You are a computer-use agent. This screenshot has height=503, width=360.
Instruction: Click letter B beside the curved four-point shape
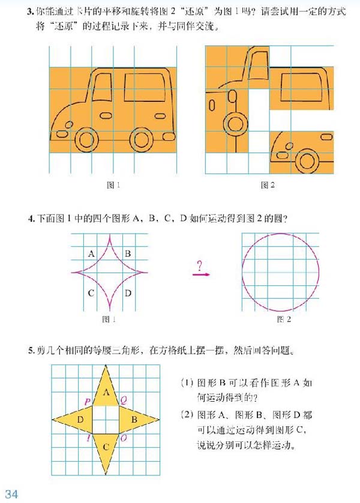coord(127,254)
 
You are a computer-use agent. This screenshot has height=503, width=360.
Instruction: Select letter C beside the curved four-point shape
coord(91,293)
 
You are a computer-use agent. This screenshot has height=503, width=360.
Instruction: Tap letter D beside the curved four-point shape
coord(127,293)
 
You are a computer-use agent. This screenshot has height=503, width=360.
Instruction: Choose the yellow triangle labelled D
coord(77,419)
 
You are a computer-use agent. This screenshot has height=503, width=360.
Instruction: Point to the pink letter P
coord(88,400)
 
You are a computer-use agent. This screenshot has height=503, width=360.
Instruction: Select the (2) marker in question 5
coord(187,415)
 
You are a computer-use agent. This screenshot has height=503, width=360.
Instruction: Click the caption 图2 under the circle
coord(284,320)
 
